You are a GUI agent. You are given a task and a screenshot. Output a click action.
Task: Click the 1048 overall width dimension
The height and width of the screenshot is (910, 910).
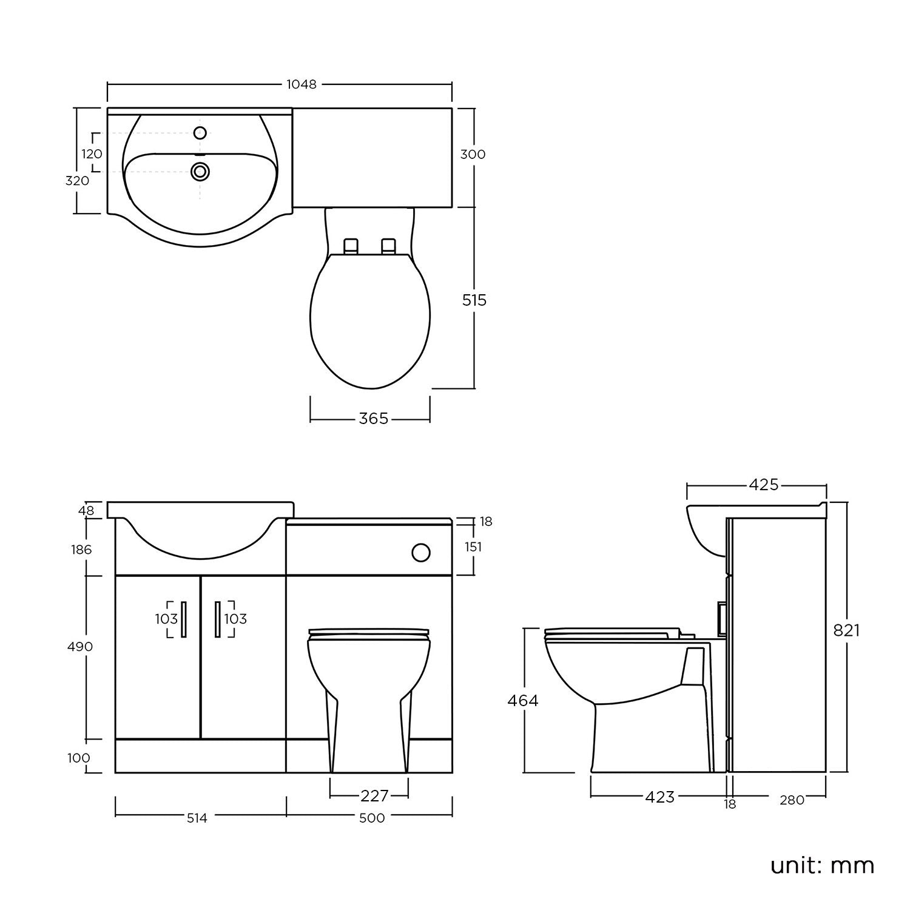tap(302, 85)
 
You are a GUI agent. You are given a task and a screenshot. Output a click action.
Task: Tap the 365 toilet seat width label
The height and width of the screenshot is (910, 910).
tap(373, 419)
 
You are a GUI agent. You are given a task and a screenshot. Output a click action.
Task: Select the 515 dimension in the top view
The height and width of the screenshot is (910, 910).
tap(474, 300)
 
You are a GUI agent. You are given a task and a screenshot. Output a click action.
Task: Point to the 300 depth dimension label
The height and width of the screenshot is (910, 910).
tap(473, 155)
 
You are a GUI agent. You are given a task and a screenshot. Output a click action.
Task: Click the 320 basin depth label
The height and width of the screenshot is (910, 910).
tap(78, 181)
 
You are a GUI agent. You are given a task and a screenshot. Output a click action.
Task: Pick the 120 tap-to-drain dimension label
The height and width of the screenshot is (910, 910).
tap(92, 154)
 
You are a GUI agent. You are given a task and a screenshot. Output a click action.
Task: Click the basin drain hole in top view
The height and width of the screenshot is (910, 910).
tap(200, 172)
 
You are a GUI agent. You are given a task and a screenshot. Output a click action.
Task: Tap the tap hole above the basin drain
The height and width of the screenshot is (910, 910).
tap(200, 133)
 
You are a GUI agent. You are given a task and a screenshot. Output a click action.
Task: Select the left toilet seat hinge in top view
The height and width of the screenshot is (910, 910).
tap(351, 246)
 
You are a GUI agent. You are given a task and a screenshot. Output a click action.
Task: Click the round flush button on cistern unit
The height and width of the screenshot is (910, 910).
tap(420, 552)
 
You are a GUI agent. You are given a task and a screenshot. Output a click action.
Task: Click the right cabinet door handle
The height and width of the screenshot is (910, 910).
tap(217, 619)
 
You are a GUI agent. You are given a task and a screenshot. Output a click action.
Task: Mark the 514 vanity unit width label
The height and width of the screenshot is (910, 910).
tap(197, 818)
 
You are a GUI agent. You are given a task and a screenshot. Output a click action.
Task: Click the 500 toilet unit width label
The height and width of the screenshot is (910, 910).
tap(372, 818)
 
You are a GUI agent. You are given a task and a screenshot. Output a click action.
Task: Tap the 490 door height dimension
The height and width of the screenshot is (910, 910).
tap(79, 647)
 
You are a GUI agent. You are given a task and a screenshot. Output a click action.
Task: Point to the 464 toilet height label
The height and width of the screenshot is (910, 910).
tap(522, 701)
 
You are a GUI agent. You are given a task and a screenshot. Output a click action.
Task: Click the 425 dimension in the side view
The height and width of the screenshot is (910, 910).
tap(763, 485)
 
